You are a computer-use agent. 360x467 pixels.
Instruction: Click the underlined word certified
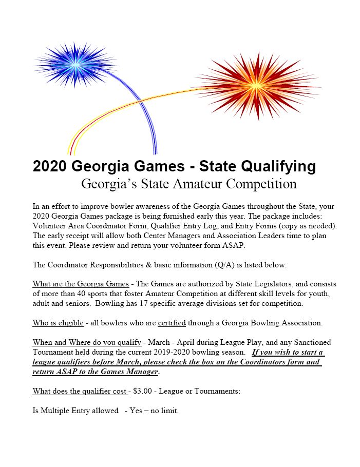tap(172, 323)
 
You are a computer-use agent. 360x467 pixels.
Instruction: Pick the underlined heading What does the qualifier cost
tap(81, 391)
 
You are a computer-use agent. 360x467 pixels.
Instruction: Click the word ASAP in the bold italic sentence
tap(64, 372)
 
